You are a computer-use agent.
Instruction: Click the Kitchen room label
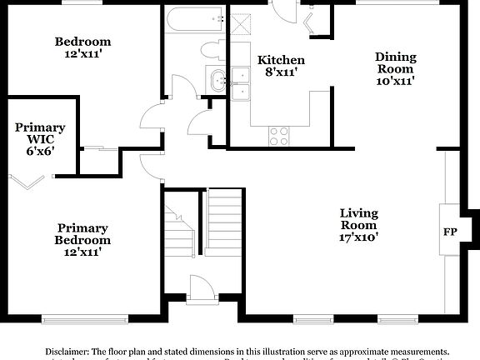[281, 66]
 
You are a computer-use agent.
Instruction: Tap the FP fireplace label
[449, 231]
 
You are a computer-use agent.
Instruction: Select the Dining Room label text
[395, 69]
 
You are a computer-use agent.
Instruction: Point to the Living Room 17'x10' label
[358, 225]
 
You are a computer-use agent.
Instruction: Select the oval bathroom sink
[218, 82]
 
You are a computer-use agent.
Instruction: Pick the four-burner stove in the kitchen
[278, 132]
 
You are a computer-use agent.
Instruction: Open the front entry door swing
[201, 289]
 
